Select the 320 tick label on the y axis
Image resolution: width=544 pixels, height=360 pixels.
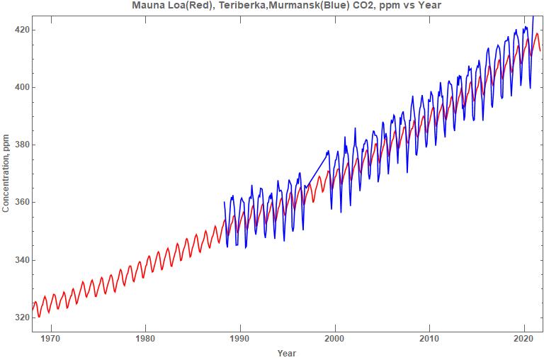pos(21,317)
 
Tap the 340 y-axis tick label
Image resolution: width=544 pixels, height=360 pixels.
pos(21,260)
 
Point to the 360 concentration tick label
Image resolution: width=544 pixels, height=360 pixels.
pos(21,203)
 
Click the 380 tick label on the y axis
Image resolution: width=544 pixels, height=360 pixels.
pos(21,145)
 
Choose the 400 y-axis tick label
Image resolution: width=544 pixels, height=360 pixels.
pos(21,87)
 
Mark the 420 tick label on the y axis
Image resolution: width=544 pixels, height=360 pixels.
pos(21,30)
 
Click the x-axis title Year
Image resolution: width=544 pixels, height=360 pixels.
pos(287,353)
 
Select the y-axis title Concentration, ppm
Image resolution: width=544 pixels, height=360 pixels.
pos(6,172)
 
